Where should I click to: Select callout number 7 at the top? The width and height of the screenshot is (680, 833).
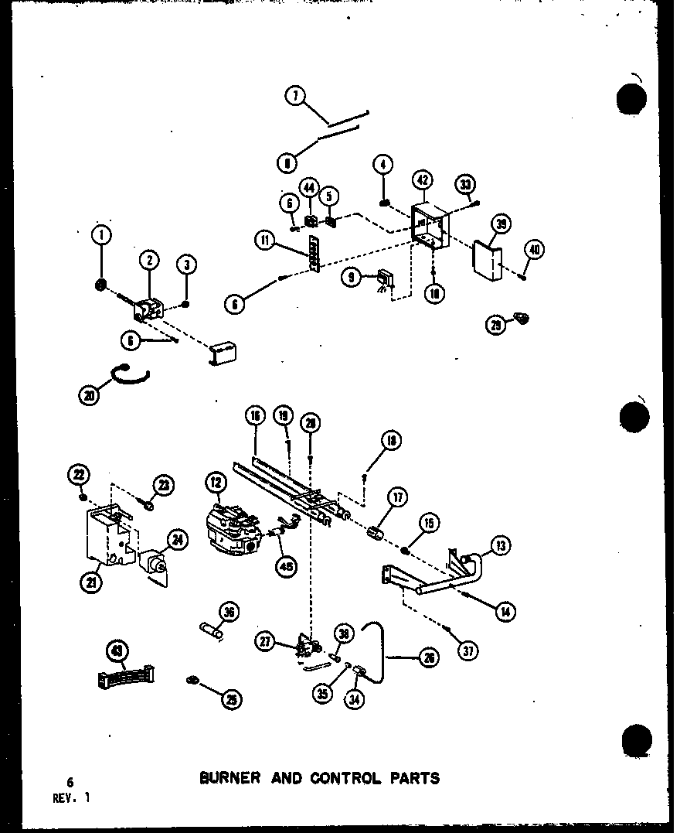click(x=294, y=97)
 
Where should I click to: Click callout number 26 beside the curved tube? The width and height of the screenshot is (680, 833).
click(x=429, y=658)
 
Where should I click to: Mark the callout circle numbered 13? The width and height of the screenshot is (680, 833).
click(x=500, y=546)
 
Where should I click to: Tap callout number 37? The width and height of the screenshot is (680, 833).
click(x=466, y=651)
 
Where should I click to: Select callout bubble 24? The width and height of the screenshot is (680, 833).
click(x=178, y=541)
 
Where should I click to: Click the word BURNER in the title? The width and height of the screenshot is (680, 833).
click(x=229, y=778)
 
